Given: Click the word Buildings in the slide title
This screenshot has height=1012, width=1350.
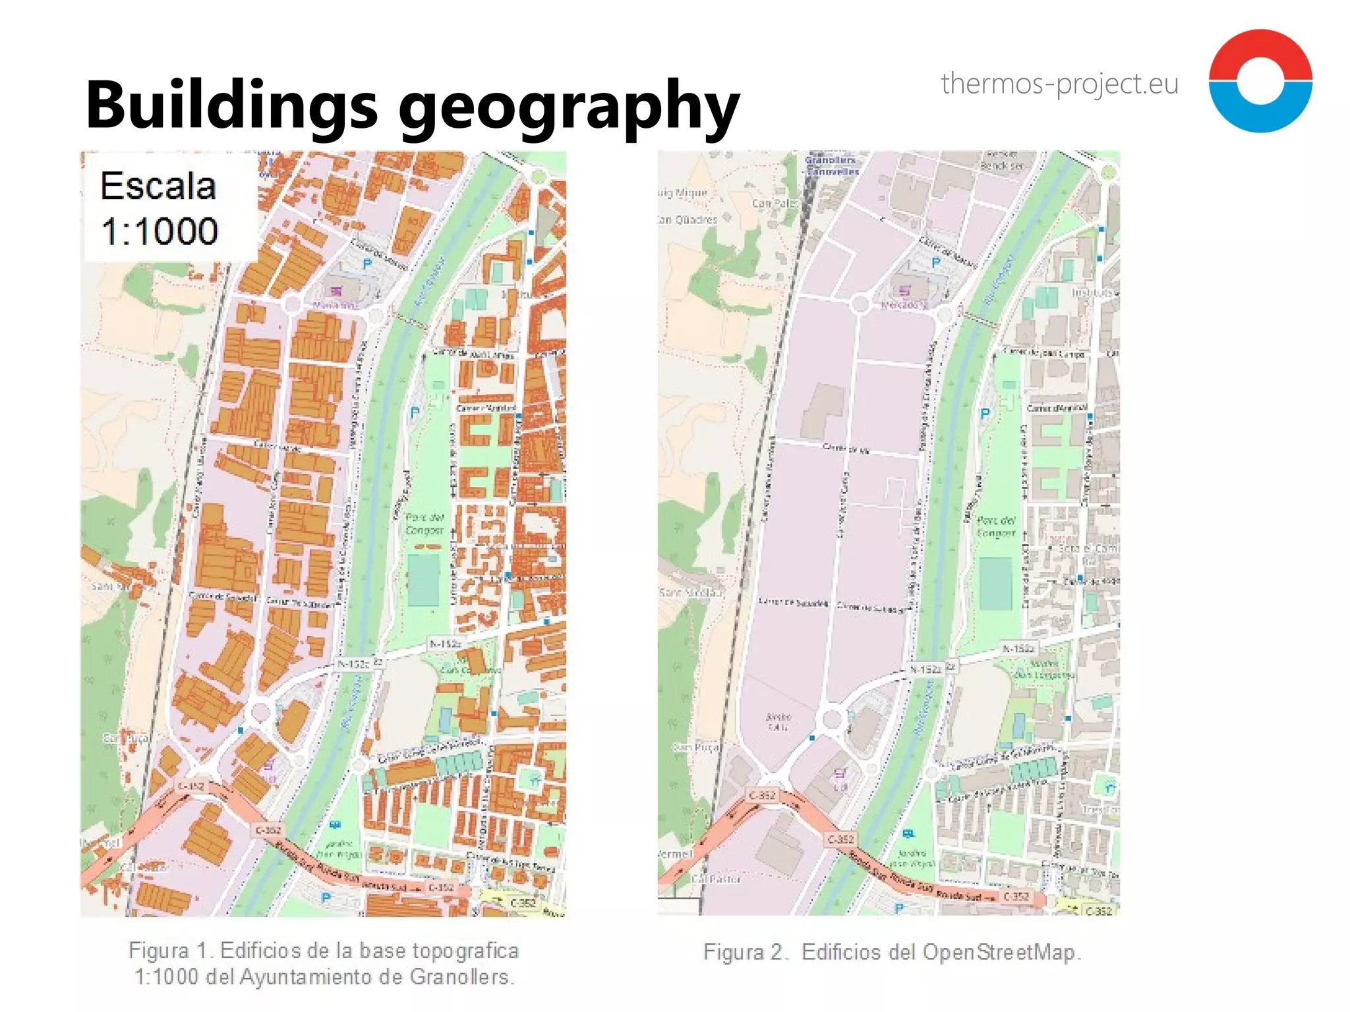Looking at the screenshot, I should [x=231, y=105].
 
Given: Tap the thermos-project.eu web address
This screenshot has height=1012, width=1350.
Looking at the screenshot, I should [x=1059, y=84].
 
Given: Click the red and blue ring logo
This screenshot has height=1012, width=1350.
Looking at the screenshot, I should [x=1260, y=80].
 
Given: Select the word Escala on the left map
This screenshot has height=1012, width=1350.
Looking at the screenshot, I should [x=158, y=186].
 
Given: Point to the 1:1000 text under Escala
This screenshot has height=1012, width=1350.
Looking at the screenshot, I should [x=160, y=231].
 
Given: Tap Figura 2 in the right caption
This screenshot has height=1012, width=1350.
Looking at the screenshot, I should [x=745, y=953].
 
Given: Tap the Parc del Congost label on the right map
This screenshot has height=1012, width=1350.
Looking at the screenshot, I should [x=997, y=526].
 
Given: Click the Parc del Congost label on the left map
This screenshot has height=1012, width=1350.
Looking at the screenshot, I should [x=425, y=524].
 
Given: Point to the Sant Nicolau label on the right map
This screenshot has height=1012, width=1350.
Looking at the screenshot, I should [x=691, y=593].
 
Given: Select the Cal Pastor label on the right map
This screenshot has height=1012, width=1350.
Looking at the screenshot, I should [x=717, y=879].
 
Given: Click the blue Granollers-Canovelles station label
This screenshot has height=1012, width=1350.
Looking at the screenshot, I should [x=832, y=166].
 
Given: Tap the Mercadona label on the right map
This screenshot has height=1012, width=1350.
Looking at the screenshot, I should [x=904, y=305].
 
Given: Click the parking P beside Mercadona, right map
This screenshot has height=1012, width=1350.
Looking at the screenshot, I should [x=935, y=263].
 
